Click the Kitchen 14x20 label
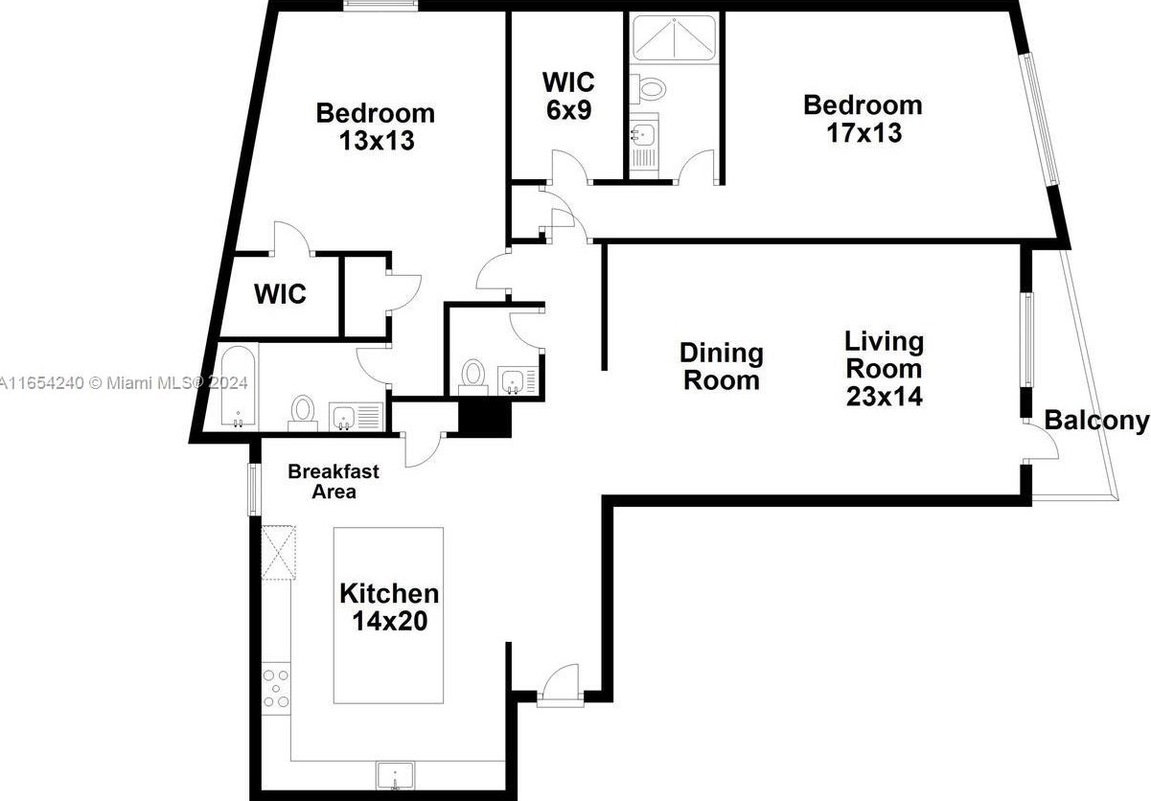[x=389, y=607]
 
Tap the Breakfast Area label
[x=334, y=481]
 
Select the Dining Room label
[x=722, y=366]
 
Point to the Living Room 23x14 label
[x=884, y=368]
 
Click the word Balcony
[x=1095, y=421]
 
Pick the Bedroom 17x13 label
[x=863, y=118]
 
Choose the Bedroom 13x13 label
[x=376, y=126]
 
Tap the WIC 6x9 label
[x=568, y=94]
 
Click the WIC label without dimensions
[x=280, y=293]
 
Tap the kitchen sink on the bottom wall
[x=394, y=774]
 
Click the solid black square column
[x=485, y=417]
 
